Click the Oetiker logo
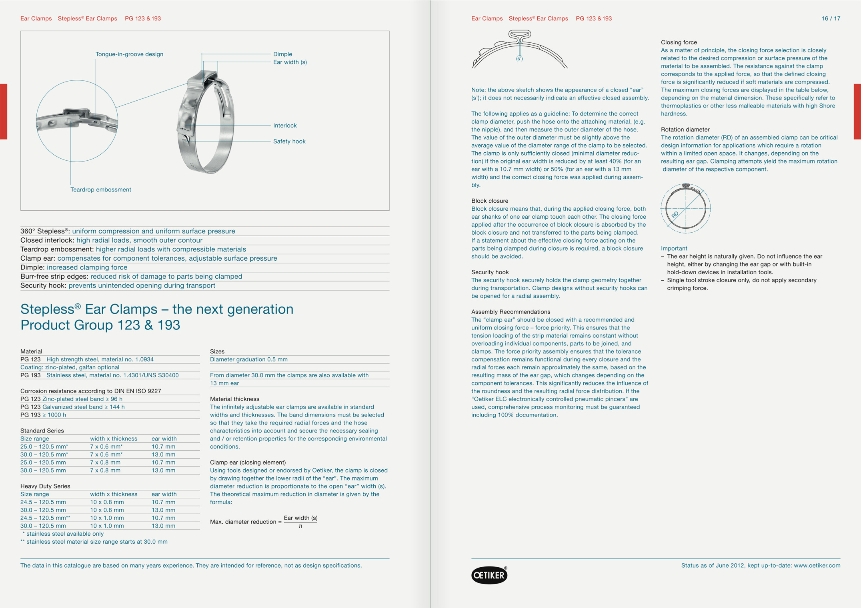pos(489,575)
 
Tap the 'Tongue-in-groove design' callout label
pos(129,54)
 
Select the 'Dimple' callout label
pos(282,54)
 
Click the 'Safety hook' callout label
pos(289,141)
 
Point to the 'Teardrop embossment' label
pos(100,189)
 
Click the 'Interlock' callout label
pos(284,126)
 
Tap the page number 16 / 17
pos(831,18)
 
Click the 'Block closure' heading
pos(489,201)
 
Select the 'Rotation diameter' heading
pos(685,130)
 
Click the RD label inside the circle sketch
pos(675,215)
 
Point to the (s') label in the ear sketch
pos(519,59)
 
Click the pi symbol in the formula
pos(300,526)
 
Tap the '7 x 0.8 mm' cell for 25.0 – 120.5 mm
pos(105,462)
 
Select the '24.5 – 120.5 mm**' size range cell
pos(45,518)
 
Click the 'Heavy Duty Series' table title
pos(45,486)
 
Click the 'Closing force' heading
pos(679,42)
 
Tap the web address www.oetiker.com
pos(817,565)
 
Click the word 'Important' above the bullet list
pos(674,248)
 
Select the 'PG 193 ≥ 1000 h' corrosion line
pos(43,415)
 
